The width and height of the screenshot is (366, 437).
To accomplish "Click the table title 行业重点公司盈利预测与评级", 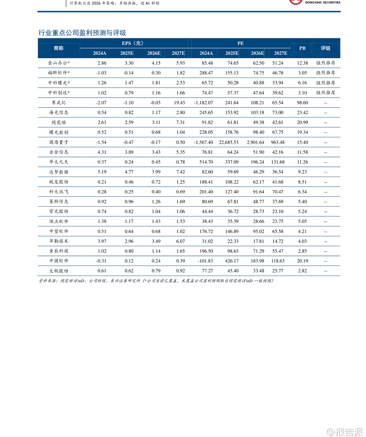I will click(82, 33).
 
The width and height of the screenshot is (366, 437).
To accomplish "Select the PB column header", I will click(302, 48).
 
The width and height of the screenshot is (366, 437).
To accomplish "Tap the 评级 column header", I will click(325, 48).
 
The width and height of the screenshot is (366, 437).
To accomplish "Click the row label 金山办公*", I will click(59, 63).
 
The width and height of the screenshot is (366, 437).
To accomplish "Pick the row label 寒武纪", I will click(59, 103).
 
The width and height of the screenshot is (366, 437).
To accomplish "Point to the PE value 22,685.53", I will click(228, 142).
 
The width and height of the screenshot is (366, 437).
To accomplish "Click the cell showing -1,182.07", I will click(203, 103).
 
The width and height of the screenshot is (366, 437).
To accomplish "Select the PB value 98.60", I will click(302, 103).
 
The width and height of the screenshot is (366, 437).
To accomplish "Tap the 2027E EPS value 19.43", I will click(179, 103).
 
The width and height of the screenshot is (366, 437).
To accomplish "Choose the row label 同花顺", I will click(59, 122).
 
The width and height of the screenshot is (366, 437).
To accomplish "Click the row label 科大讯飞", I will click(59, 192).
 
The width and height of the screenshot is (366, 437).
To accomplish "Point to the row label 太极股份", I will click(59, 271).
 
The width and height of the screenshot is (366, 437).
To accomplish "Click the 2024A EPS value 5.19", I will click(102, 172).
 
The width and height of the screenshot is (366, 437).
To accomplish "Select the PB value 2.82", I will click(302, 271).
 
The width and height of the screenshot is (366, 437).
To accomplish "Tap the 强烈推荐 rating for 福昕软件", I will click(325, 73).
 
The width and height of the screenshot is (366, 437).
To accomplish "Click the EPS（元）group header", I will click(132, 43).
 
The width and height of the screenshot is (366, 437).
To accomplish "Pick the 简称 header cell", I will click(59, 48).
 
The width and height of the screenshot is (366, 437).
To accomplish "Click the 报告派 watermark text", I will click(349, 432).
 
